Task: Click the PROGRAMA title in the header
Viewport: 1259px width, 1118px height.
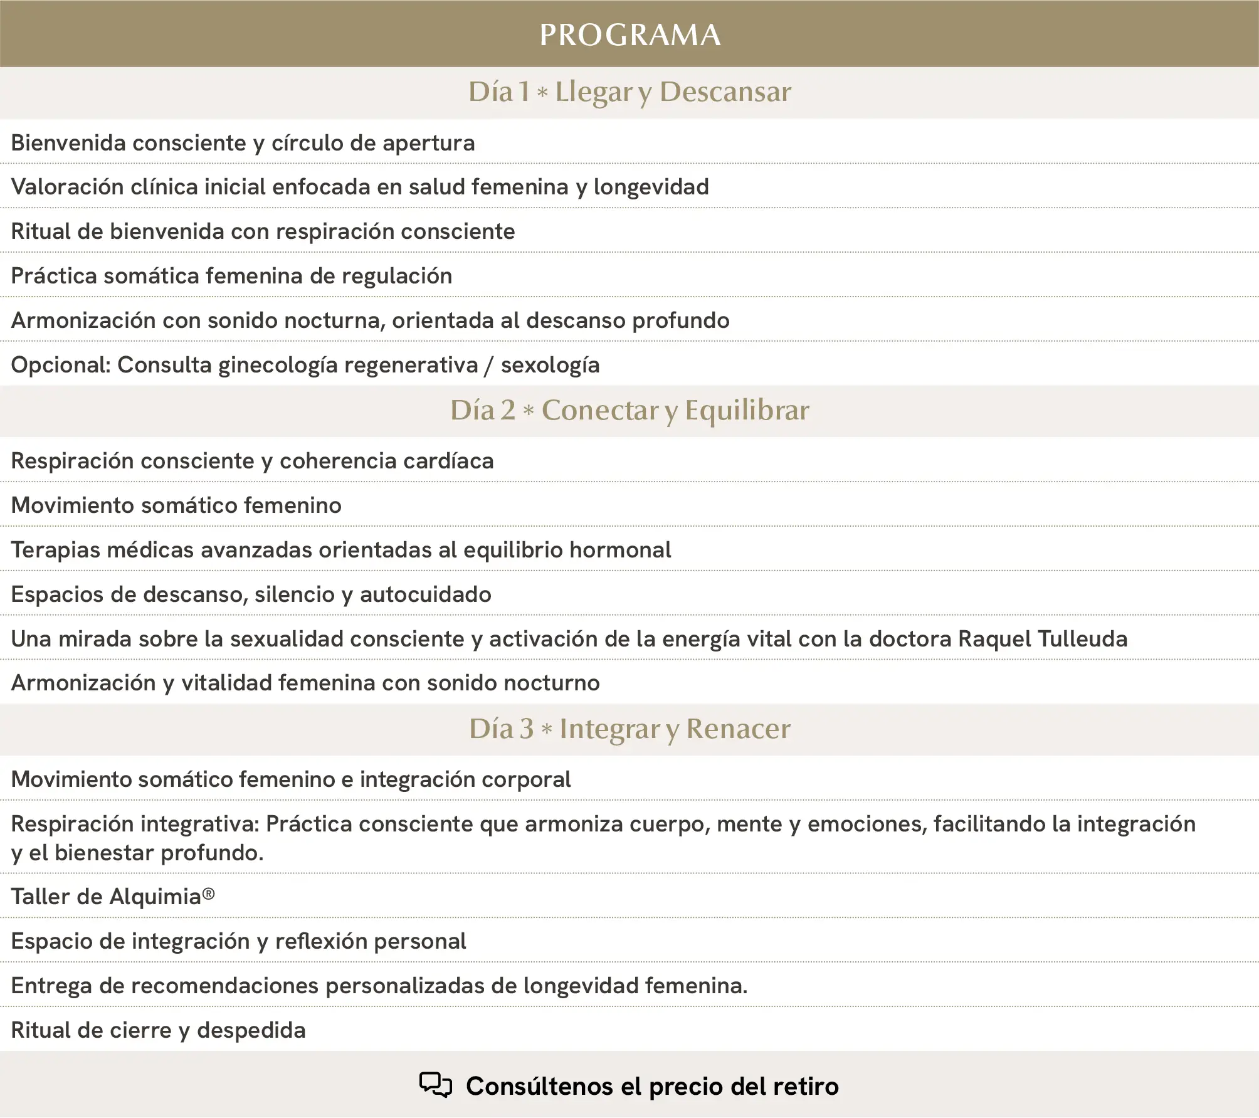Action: (x=629, y=34)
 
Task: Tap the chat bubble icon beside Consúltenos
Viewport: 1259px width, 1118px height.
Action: (x=435, y=1085)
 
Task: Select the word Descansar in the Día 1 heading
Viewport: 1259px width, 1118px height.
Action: (x=725, y=92)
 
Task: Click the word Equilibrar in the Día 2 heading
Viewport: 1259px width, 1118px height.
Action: (x=747, y=410)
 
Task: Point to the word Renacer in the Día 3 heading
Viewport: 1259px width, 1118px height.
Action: (x=738, y=729)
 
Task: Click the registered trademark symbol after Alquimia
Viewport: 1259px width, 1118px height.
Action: (x=208, y=894)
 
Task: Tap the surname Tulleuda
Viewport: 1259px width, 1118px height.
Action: (x=1083, y=639)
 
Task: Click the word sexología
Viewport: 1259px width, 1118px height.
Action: (x=550, y=365)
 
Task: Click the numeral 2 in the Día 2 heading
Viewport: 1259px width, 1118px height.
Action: (x=507, y=410)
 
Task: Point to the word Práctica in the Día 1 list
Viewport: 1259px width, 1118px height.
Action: (x=53, y=276)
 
